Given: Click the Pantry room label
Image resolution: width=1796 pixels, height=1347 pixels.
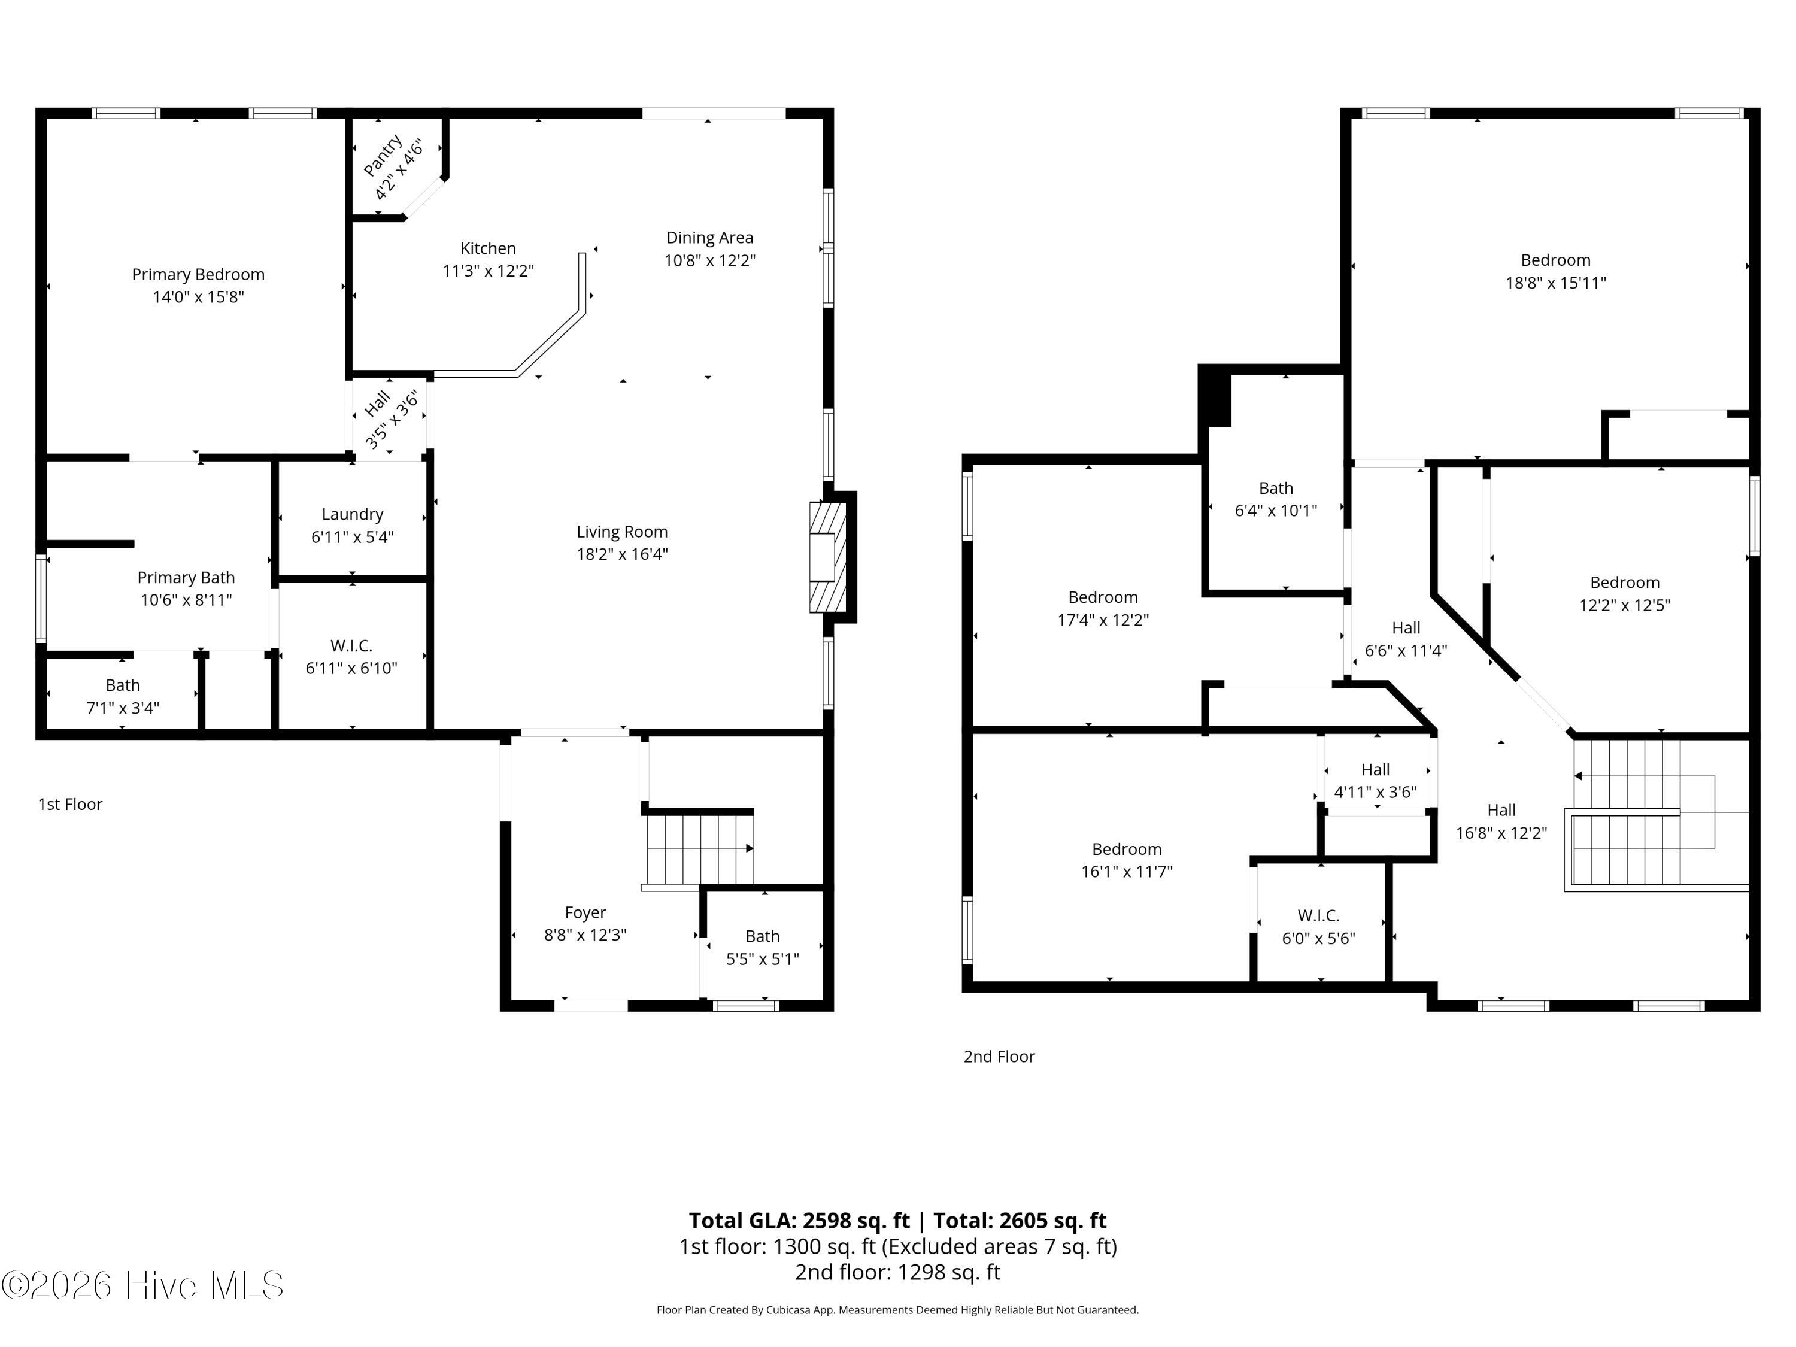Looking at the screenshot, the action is click(x=383, y=156).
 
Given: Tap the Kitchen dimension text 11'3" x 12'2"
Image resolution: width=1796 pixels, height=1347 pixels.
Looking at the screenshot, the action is click(x=488, y=271).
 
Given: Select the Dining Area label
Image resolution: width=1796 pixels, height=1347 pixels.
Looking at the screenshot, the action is click(x=709, y=238).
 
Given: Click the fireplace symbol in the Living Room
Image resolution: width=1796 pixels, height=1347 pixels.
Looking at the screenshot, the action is click(x=828, y=557).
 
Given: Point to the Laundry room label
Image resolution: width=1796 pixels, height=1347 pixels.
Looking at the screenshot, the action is click(x=353, y=514).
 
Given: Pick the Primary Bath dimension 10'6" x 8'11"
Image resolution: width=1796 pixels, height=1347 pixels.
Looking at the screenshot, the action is click(x=186, y=600).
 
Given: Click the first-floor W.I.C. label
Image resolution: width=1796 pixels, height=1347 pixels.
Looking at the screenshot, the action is click(x=351, y=645).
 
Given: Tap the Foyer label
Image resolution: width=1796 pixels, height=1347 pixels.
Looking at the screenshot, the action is click(x=585, y=912).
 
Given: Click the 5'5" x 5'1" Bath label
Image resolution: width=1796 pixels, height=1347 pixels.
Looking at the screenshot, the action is click(x=763, y=948).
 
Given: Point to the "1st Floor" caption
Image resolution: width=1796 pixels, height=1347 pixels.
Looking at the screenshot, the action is click(x=71, y=804).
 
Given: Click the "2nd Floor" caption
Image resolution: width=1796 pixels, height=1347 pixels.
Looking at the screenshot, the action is click(x=1000, y=1056).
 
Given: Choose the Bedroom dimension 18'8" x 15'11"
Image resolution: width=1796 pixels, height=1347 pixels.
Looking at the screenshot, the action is click(x=1556, y=283).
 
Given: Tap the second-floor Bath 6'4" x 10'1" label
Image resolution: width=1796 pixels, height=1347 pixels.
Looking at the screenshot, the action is click(x=1276, y=499).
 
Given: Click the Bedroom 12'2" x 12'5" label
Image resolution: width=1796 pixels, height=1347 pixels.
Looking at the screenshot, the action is click(x=1625, y=593).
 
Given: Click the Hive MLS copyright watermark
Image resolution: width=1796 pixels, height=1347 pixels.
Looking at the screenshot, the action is click(x=143, y=1285).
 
